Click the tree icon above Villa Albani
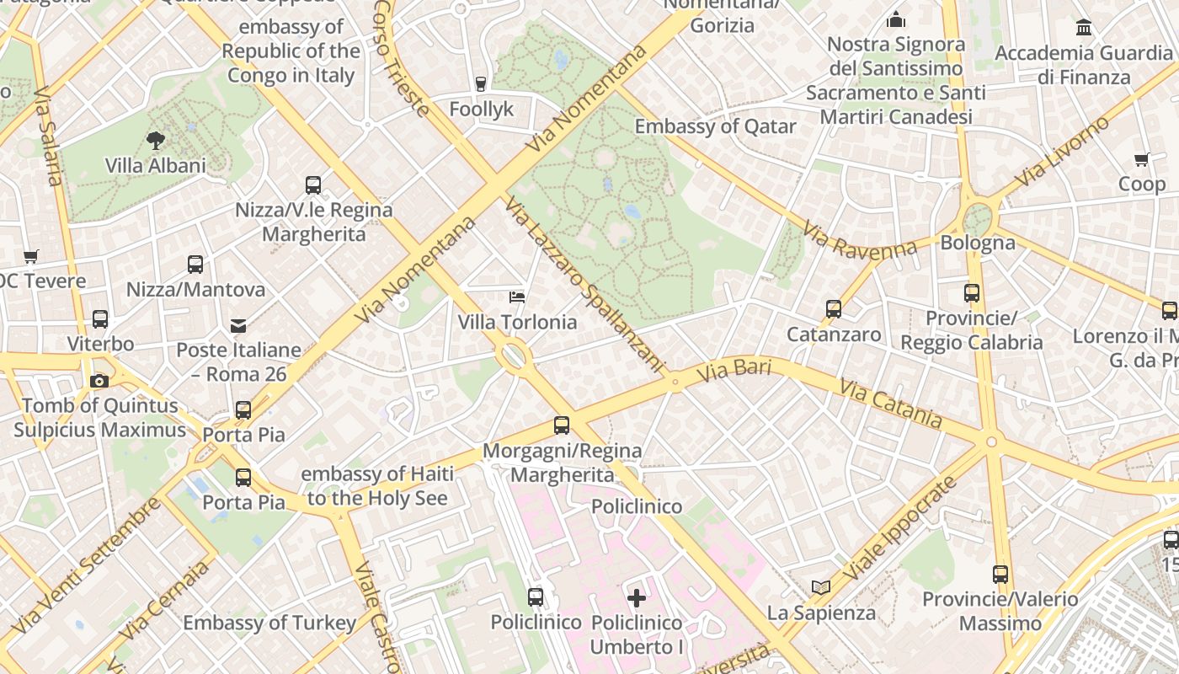coord(155,140)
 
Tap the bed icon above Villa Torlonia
coord(517,297)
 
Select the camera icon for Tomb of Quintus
coord(99,381)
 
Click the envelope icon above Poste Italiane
coord(238,325)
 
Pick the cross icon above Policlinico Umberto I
coord(637,598)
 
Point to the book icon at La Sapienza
coord(821,587)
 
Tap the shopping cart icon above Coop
coord(1142,159)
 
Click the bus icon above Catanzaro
coord(834,309)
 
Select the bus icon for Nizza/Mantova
coord(195,265)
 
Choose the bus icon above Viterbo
coord(100,319)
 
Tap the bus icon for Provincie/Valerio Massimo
coord(1000,575)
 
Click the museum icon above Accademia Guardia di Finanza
coord(1084,28)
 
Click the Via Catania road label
coord(890,403)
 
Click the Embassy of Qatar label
coord(715,126)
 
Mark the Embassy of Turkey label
coord(269,623)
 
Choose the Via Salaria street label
coord(48,135)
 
